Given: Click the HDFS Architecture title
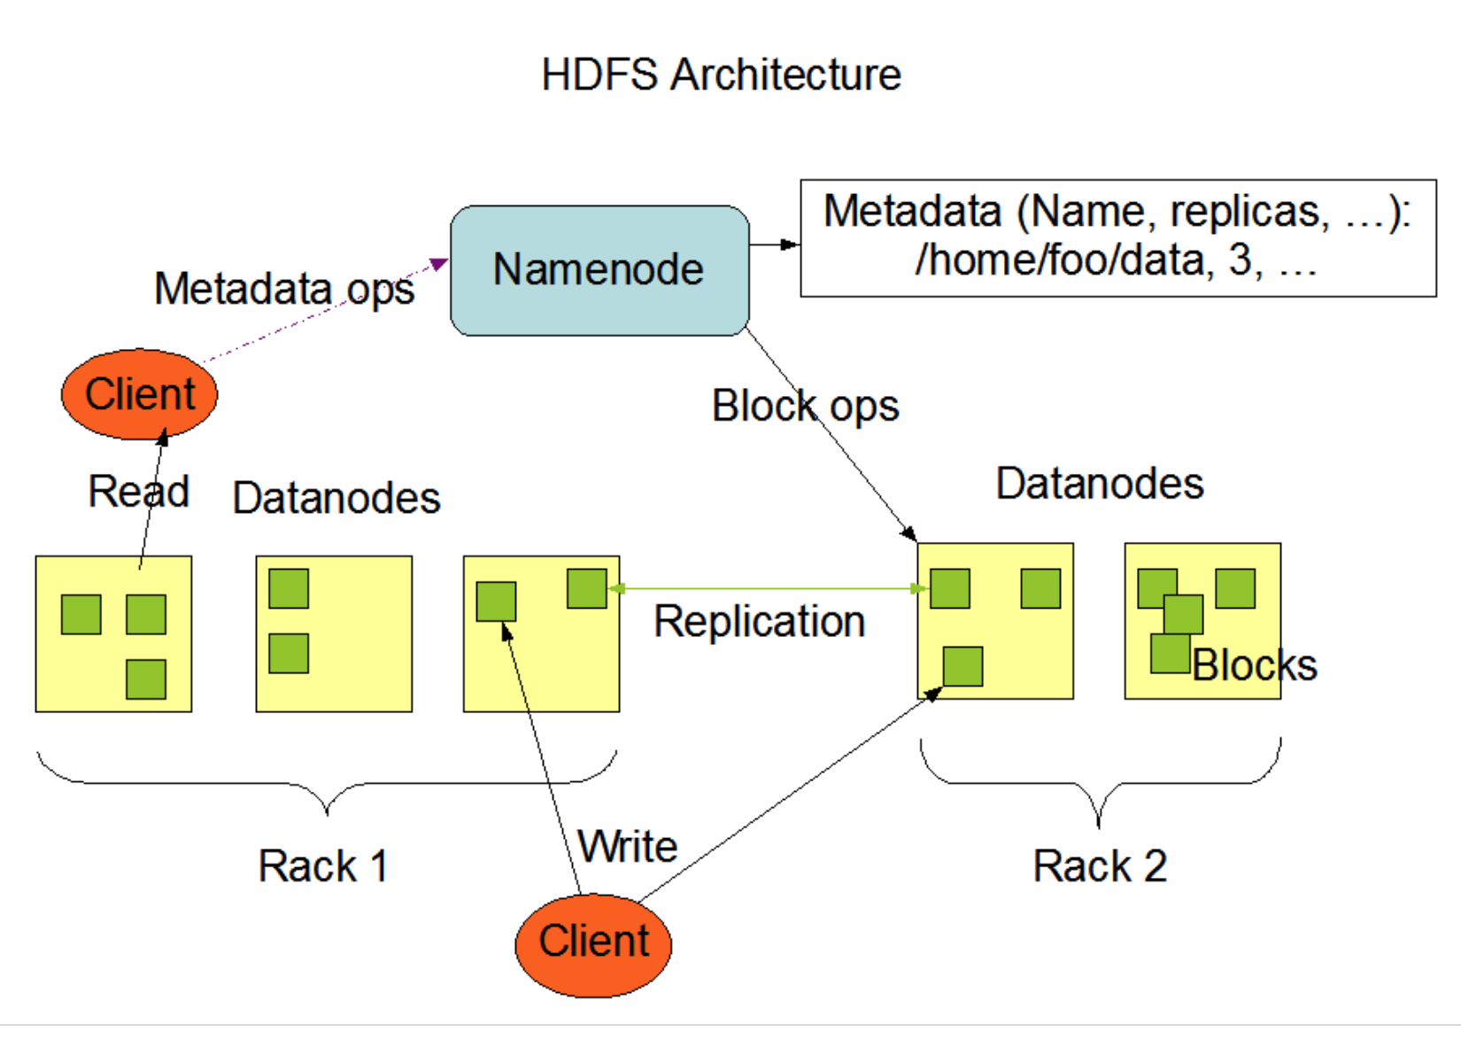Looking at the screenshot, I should click(x=721, y=74).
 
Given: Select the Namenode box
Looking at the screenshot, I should click(x=599, y=270).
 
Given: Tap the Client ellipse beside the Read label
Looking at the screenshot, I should click(x=139, y=394).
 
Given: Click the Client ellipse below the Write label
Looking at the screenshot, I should click(x=593, y=944).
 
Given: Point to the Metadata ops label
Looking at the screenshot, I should click(x=284, y=290).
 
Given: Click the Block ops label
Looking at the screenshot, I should click(x=805, y=407).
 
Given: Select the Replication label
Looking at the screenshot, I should click(x=759, y=622).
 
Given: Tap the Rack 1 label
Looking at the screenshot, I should click(x=322, y=866).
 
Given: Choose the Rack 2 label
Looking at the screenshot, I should click(x=1100, y=866).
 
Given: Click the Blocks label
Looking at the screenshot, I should click(x=1255, y=666).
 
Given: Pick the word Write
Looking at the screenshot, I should click(x=628, y=847).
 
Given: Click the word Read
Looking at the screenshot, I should click(x=138, y=492).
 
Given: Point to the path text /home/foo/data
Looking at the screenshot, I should click(x=1059, y=260).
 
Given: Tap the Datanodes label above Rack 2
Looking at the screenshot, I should click(x=1100, y=484).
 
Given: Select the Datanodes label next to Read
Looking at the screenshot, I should click(x=336, y=498).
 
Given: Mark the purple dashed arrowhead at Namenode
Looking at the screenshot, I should click(x=438, y=263).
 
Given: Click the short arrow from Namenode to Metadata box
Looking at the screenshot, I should click(x=774, y=244).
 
